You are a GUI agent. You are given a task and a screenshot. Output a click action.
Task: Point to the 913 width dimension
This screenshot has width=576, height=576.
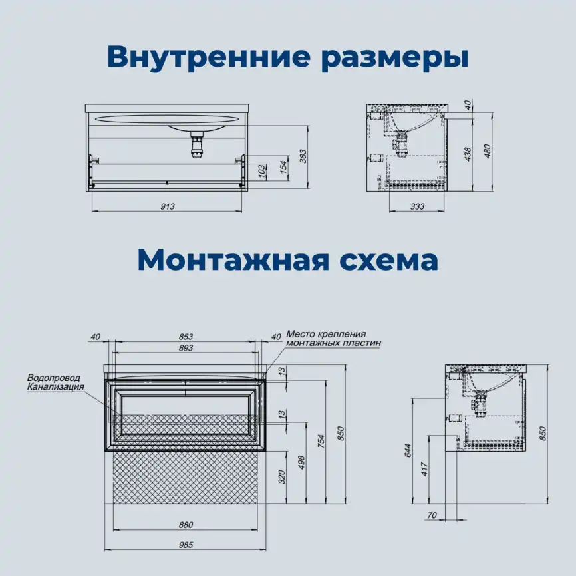[x=167, y=206]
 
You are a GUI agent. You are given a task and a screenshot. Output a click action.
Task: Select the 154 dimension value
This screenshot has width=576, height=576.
[x=283, y=166]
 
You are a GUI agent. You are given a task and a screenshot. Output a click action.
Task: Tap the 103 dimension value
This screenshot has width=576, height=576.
[x=262, y=171]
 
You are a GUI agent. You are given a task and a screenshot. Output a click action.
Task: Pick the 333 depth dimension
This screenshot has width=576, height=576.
[x=417, y=206]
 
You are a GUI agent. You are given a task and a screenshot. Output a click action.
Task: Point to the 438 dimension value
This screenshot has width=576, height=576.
[x=468, y=154]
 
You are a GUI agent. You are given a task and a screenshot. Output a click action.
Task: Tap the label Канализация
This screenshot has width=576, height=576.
[x=56, y=386]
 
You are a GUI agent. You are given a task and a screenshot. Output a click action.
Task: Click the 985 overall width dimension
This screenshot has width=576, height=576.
[x=186, y=545]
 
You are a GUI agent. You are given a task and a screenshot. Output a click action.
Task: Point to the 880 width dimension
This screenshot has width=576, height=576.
[x=186, y=525]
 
